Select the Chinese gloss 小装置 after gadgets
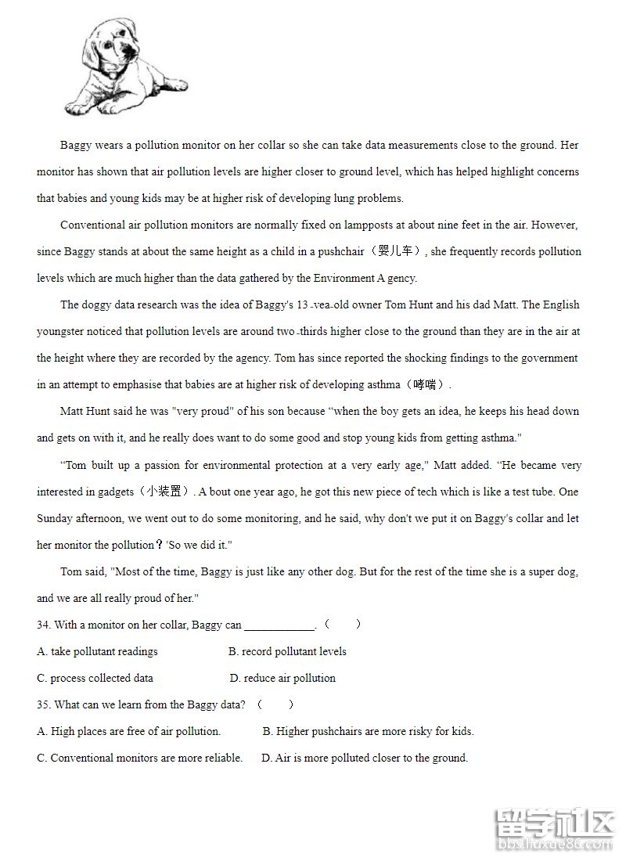tap(164, 492)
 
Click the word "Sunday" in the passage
tap(56, 518)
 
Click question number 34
tap(44, 625)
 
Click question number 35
tap(44, 704)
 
